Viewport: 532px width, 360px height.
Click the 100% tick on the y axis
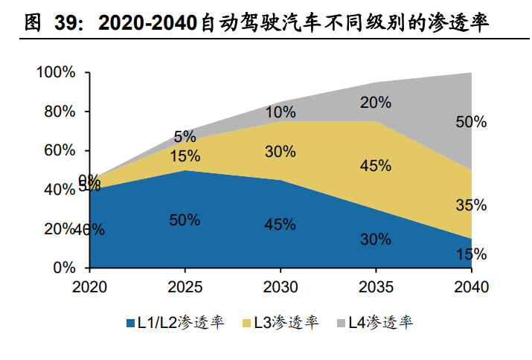point(57,73)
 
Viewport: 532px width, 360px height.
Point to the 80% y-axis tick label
point(60,112)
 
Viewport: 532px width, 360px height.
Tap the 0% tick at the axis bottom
point(65,268)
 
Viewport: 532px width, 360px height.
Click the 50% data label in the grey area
point(470,122)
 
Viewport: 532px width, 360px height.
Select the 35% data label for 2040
point(470,205)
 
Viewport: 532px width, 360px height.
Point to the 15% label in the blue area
point(470,254)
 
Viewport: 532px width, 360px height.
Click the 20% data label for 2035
point(376,103)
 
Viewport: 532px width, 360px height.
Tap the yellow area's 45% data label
point(376,166)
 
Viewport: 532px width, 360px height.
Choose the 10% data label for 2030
point(281,112)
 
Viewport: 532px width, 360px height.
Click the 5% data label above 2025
point(185,137)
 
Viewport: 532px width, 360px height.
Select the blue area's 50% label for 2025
point(185,220)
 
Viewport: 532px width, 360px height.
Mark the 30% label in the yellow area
point(281,152)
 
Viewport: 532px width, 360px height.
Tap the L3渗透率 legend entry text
point(286,323)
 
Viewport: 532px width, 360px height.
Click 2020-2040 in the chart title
point(150,24)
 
